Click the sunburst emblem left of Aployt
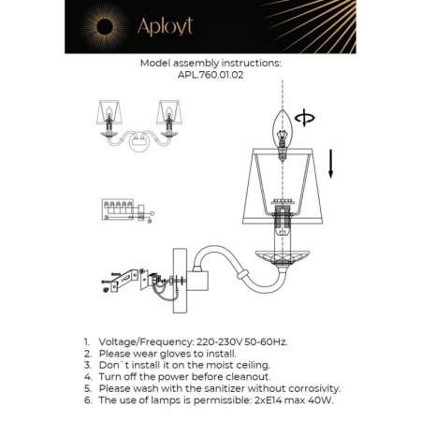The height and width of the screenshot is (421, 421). pos(97,25)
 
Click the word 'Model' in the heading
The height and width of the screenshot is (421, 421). pos(155,65)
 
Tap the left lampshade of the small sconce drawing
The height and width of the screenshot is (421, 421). pos(111,117)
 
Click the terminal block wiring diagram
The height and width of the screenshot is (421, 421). pos(118,209)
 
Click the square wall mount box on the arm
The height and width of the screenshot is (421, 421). pos(196,279)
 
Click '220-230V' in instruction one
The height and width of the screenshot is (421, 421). pos(223,343)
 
